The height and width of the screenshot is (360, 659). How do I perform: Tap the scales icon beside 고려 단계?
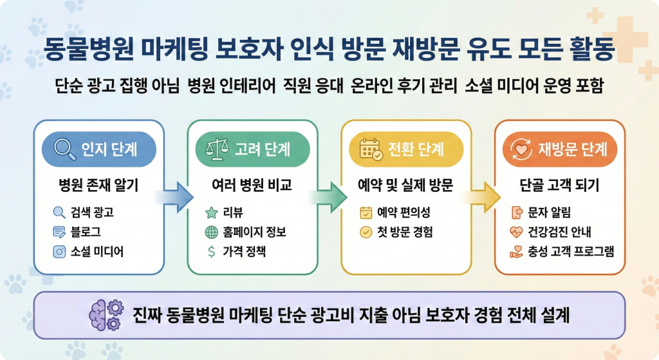tap(214, 149)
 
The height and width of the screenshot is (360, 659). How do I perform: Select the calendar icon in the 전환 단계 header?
tap(371, 150)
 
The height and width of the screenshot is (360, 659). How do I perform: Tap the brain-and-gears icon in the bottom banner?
tap(106, 315)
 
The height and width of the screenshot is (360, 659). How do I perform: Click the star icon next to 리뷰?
tap(211, 212)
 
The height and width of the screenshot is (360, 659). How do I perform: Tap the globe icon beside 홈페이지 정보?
tap(211, 232)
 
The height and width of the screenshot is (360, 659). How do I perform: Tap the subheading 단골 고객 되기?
tap(559, 187)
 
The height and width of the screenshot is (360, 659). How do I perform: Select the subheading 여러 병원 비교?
tap(252, 187)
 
